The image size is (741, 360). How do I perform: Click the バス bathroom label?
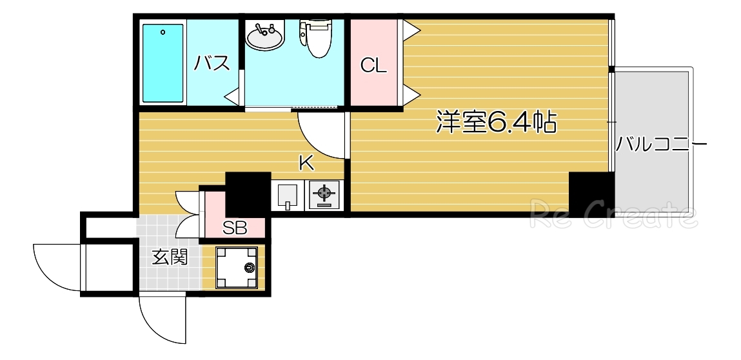(x=212, y=64)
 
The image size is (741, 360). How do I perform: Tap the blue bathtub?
(x=163, y=63)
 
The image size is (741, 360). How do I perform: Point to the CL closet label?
(x=373, y=65)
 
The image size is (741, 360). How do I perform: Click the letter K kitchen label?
(x=306, y=163)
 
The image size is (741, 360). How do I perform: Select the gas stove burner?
(x=324, y=194)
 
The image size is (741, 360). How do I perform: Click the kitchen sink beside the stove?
(x=287, y=195)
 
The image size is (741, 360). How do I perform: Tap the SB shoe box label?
(x=234, y=227)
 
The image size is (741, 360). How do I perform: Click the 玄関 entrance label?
(x=170, y=258)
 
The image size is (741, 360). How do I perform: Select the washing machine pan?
(x=236, y=268)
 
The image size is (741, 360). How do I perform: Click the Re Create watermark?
(x=613, y=215)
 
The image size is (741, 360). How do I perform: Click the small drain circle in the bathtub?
(x=163, y=32)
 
